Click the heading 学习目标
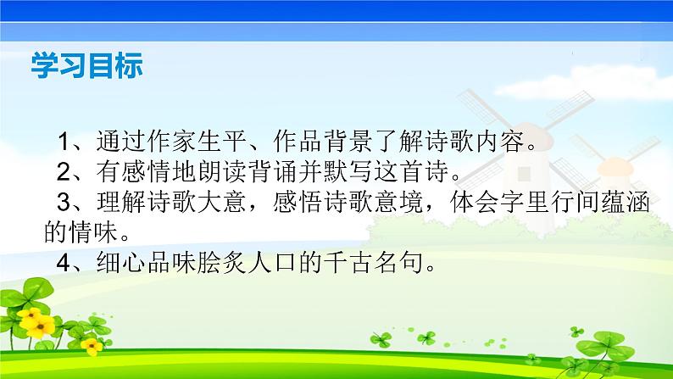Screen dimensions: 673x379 click(86, 65)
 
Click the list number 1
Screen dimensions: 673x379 click(64, 142)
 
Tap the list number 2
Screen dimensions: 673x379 click(64, 171)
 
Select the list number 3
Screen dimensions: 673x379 click(64, 202)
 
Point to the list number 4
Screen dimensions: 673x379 click(64, 263)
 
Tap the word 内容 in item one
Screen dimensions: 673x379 click(499, 142)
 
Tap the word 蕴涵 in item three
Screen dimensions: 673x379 click(625, 202)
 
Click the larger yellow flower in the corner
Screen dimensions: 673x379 click(37, 323)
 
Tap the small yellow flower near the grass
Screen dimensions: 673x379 click(92, 346)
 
